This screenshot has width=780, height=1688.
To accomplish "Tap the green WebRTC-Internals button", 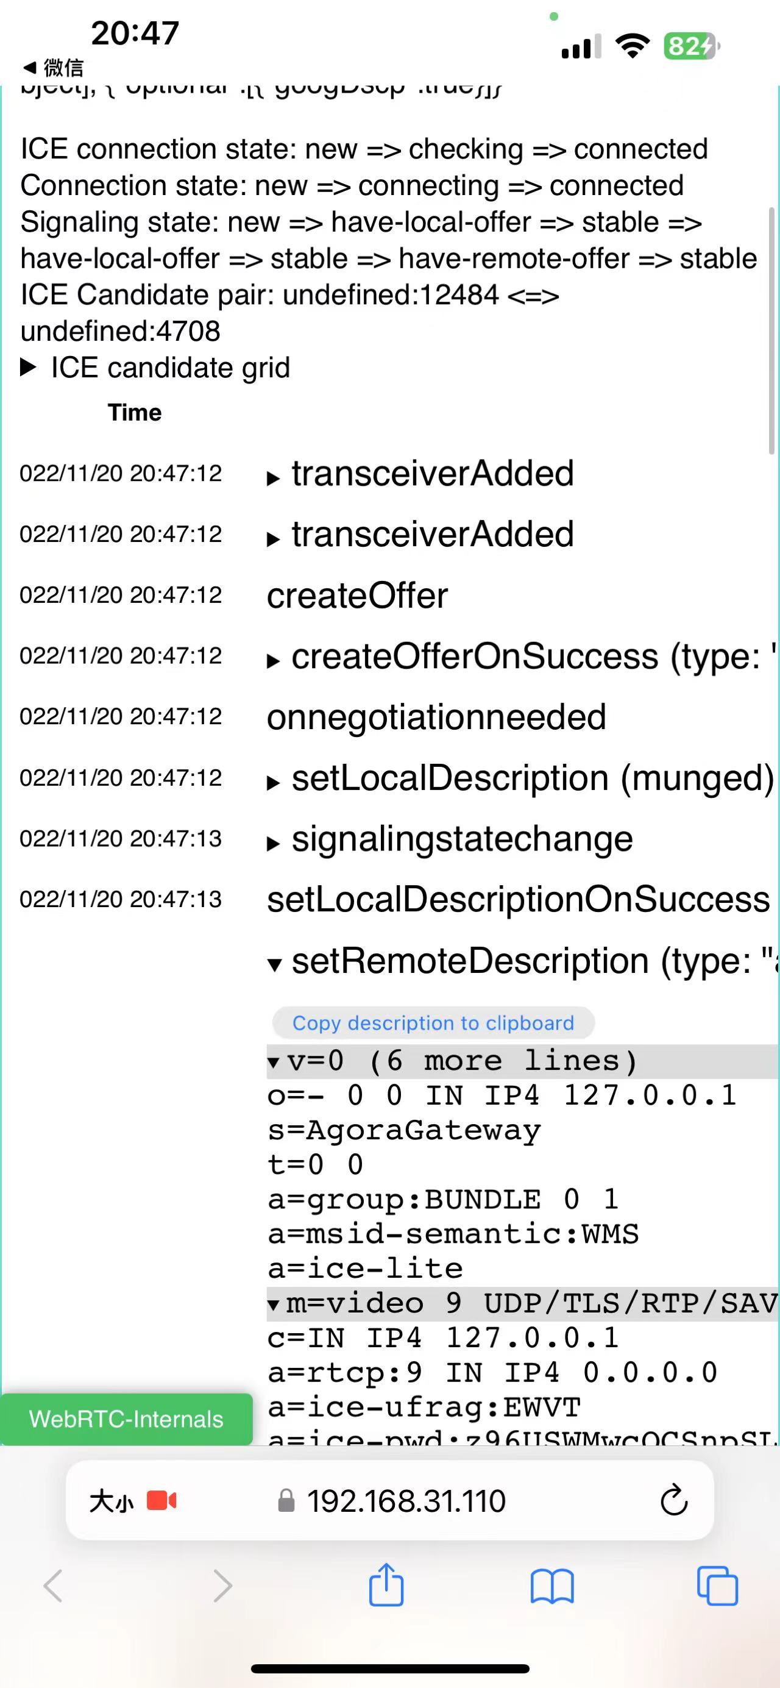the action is pyautogui.click(x=126, y=1419).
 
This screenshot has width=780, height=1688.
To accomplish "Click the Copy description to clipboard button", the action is pyautogui.click(x=433, y=1023).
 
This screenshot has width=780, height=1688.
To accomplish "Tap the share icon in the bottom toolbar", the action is pyautogui.click(x=386, y=1585).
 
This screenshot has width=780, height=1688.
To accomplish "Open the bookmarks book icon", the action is pyautogui.click(x=551, y=1586).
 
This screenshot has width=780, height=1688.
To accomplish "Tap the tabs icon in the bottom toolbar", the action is pyautogui.click(x=717, y=1586).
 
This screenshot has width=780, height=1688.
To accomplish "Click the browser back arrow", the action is pyautogui.click(x=53, y=1586).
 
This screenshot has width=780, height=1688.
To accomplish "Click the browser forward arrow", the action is pyautogui.click(x=222, y=1586).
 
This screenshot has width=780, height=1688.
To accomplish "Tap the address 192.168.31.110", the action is pyautogui.click(x=406, y=1501).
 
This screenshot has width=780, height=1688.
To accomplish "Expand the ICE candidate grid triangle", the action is pyautogui.click(x=28, y=368).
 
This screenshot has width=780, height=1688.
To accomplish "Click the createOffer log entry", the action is pyautogui.click(x=357, y=596).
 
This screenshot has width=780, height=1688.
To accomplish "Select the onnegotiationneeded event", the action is pyautogui.click(x=436, y=717).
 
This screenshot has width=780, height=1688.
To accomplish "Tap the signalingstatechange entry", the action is pyautogui.click(x=462, y=839).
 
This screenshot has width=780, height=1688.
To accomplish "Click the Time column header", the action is pyautogui.click(x=134, y=412).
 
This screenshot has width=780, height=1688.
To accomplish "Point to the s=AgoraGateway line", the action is pyautogui.click(x=404, y=1130).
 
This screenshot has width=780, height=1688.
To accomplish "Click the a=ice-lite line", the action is pyautogui.click(x=365, y=1269).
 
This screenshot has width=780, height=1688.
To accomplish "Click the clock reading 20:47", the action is pyautogui.click(x=135, y=33).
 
